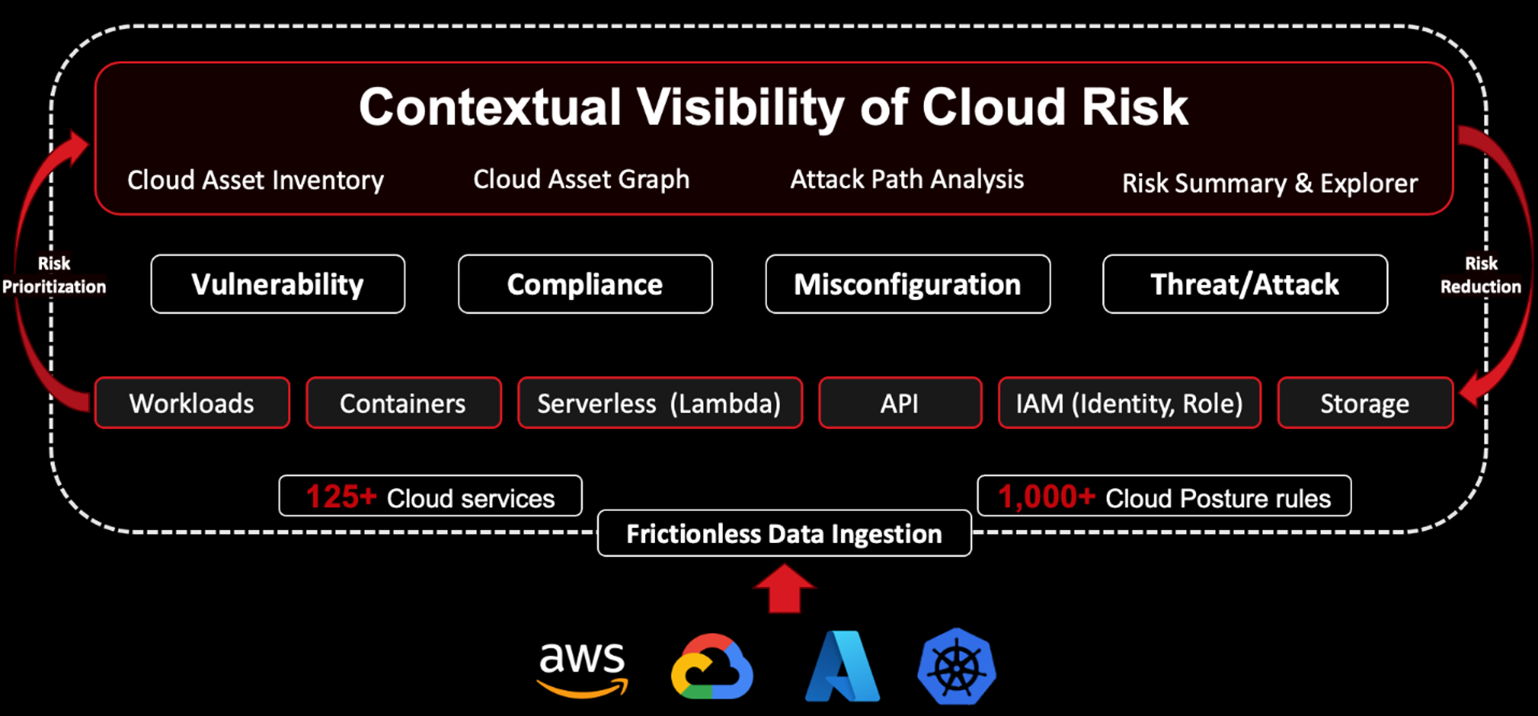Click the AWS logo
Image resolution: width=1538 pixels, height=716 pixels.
pyautogui.click(x=582, y=668)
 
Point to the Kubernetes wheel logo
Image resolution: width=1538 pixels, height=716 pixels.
pyautogui.click(x=956, y=666)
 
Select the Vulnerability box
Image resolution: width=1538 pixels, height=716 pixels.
pyautogui.click(x=278, y=284)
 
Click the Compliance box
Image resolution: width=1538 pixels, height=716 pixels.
pyautogui.click(x=585, y=284)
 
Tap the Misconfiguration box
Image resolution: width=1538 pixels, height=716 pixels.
pyautogui.click(x=908, y=284)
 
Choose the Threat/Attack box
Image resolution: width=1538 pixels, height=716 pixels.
pyautogui.click(x=1245, y=284)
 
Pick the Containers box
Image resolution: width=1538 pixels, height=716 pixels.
pyautogui.click(x=403, y=403)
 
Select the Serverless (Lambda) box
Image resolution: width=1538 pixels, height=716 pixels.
pyautogui.click(x=659, y=403)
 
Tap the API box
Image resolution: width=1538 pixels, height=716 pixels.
pyautogui.click(x=900, y=403)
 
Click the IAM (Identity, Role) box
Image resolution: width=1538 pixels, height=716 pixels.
pyautogui.click(x=1129, y=403)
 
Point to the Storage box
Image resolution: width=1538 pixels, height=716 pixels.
pyautogui.click(x=1365, y=403)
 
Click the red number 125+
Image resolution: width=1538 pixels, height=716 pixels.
pyautogui.click(x=341, y=497)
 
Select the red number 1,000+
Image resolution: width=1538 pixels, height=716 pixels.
pyautogui.click(x=1046, y=497)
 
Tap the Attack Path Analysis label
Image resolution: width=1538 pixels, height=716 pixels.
pyautogui.click(x=907, y=179)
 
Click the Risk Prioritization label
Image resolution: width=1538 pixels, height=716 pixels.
pyautogui.click(x=54, y=275)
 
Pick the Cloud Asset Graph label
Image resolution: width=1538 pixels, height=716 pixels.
pyautogui.click(x=582, y=179)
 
